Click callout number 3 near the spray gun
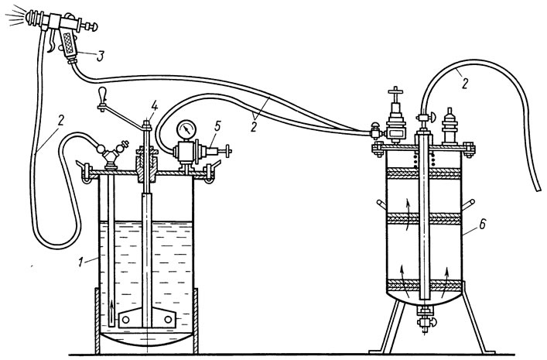(101, 56)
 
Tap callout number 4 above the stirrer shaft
(154, 105)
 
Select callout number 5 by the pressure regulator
(217, 126)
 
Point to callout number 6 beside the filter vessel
(482, 225)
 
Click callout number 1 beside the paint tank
(81, 262)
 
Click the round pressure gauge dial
(186, 130)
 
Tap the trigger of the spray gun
(52, 41)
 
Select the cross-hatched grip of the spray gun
(69, 43)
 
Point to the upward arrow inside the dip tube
(111, 312)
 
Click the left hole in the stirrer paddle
(125, 320)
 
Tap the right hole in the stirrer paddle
(168, 320)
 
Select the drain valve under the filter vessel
(426, 319)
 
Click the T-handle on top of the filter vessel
(395, 92)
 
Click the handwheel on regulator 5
(228, 152)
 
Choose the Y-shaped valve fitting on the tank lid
(112, 153)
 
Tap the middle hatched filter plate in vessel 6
(424, 218)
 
